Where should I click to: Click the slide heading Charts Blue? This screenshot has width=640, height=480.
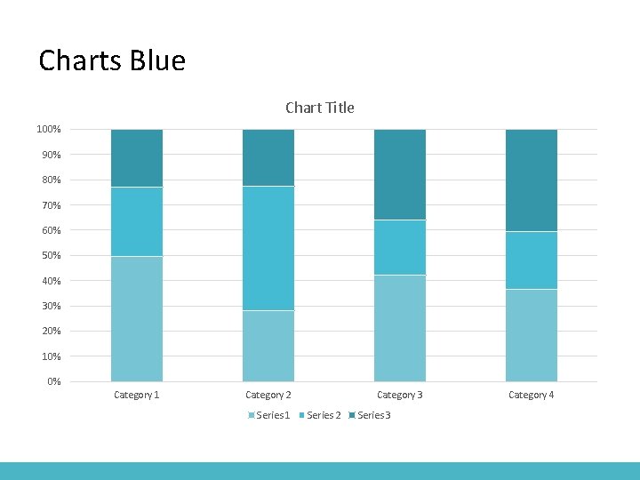coord(112,61)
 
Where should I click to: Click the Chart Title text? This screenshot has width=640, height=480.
coord(319,108)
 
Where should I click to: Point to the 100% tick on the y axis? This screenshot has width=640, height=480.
coord(49,130)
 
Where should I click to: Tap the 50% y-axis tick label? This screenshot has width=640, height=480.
coord(51,256)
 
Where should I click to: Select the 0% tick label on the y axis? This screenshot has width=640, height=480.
coord(53,382)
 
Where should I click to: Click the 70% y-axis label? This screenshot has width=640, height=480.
coord(51,205)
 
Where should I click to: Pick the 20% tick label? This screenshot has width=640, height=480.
coord(51,332)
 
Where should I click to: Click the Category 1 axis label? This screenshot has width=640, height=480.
coord(137,395)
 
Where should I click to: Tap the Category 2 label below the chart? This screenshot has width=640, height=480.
coord(268,395)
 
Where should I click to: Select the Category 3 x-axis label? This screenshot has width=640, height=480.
coord(400,395)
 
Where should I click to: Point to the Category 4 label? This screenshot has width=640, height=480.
coord(532,395)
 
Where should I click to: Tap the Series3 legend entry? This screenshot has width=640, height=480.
coord(373,415)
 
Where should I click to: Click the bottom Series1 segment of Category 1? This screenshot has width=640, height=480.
coord(137,319)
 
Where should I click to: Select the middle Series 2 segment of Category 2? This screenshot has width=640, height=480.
coord(268,248)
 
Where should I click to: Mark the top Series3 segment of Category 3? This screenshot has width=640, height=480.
coord(400,174)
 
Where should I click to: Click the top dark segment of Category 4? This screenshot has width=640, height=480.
coord(532,180)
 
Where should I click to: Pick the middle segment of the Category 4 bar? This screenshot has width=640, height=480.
coord(532,260)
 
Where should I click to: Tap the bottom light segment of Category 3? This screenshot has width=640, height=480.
coord(400,328)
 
